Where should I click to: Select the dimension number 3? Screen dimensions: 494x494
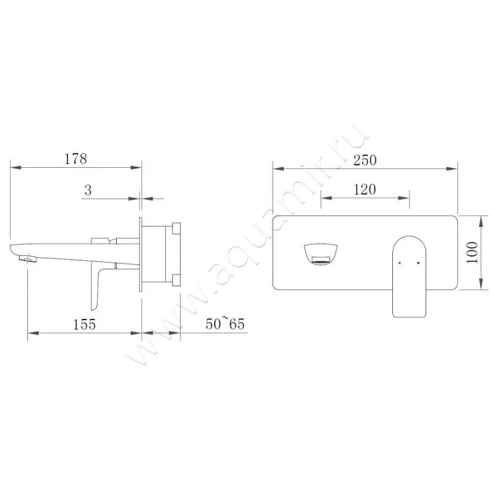click(x=88, y=191)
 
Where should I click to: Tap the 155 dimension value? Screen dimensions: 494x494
click(x=83, y=324)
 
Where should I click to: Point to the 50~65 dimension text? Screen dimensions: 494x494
click(x=225, y=324)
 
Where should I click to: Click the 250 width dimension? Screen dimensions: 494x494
click(x=364, y=159)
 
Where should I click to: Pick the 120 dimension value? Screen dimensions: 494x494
click(x=364, y=190)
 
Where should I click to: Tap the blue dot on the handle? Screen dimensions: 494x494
click(x=419, y=263)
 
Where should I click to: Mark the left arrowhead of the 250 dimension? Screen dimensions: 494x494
click(x=277, y=167)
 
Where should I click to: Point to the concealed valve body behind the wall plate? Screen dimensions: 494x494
click(x=161, y=254)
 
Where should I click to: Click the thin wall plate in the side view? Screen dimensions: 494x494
click(x=141, y=253)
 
